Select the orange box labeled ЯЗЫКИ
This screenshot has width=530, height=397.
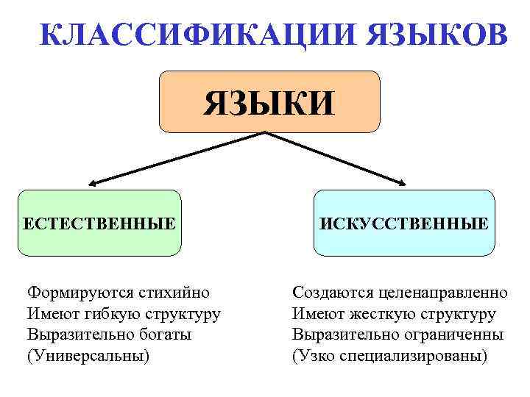click(x=269, y=101)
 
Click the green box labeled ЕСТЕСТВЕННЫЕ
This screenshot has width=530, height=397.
click(x=99, y=223)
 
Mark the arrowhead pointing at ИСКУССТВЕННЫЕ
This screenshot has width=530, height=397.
click(x=403, y=183)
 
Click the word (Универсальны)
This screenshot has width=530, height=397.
click(x=88, y=357)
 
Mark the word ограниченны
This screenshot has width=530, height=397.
click(x=458, y=335)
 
